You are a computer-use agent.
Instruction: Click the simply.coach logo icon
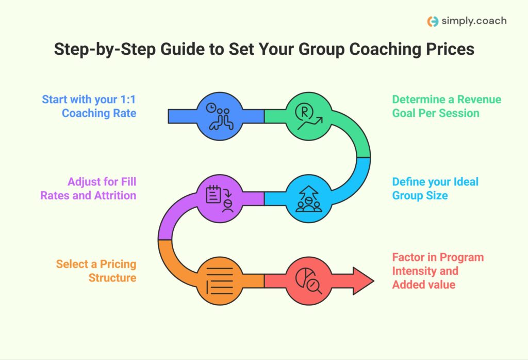tap(433, 22)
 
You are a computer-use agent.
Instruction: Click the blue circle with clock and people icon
tap(220, 116)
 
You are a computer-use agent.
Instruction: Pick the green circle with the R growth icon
tap(308, 116)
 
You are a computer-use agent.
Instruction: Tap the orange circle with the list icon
tap(220, 281)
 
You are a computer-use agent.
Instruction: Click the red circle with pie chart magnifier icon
tap(308, 281)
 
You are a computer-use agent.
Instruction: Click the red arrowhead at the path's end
tap(363, 281)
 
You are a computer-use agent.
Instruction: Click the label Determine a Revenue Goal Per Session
tap(447, 106)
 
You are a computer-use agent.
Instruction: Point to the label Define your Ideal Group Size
tap(435, 189)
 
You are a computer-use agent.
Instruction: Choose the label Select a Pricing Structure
tap(96, 271)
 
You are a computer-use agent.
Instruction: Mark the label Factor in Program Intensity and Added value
tap(438, 271)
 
